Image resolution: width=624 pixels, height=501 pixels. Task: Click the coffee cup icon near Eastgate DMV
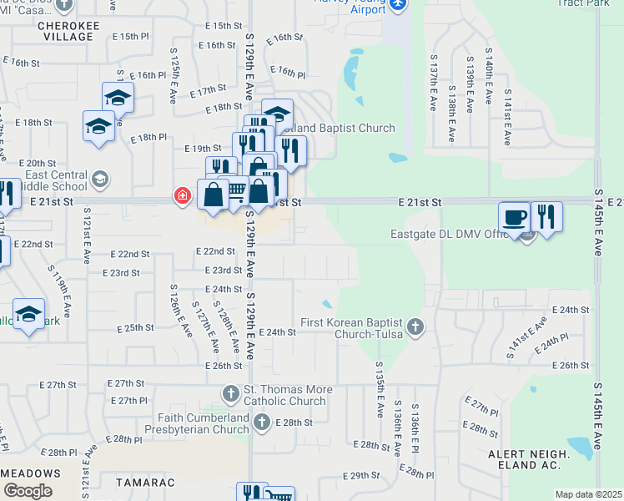514,217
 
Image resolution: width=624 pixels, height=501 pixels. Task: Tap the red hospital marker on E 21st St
181,197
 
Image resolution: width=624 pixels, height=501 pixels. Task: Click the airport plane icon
397,5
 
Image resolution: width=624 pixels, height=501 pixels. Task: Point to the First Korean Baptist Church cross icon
415,327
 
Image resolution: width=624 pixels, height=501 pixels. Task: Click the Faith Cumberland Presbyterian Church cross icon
261,422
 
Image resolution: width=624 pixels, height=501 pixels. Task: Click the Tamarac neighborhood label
133,483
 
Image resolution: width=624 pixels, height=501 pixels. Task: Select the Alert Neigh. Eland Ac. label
529,459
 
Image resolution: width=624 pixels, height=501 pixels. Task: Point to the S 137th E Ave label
434,83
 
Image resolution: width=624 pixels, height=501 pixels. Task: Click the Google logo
28,491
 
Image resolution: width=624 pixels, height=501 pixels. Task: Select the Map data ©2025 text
589,494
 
